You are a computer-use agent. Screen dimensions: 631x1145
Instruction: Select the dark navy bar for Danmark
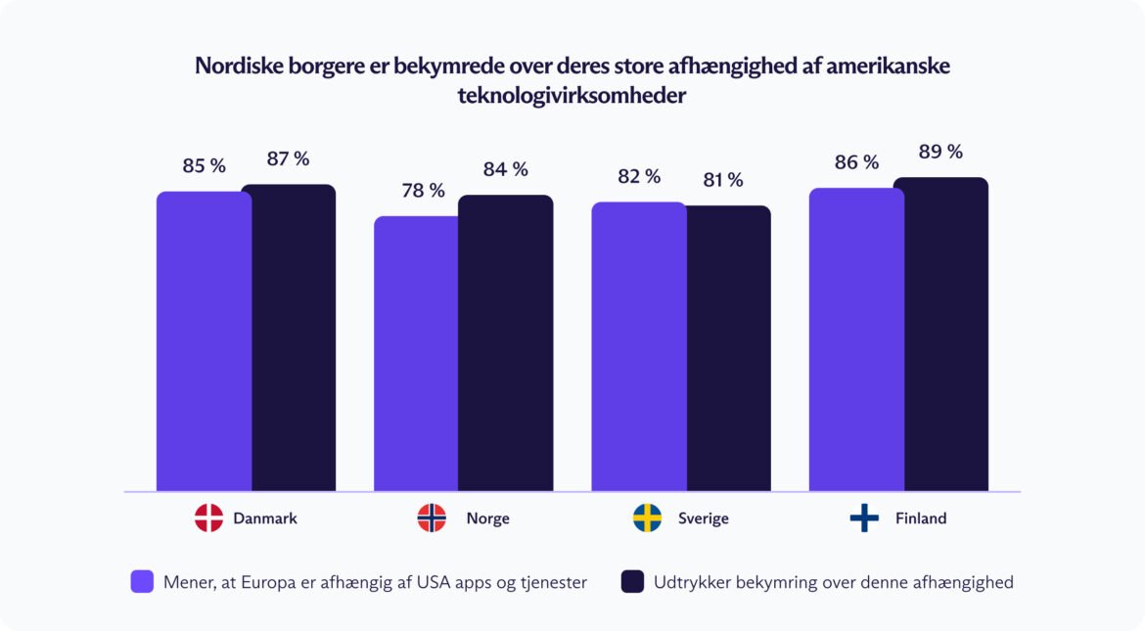[289, 338]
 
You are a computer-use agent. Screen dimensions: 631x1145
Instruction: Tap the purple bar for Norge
[416, 353]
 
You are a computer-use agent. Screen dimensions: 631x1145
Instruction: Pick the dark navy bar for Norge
[506, 342]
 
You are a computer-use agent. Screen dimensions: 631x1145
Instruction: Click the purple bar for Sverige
[638, 346]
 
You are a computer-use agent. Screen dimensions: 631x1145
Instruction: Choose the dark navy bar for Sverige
[728, 348]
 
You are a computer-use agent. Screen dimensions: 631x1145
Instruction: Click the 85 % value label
[204, 165]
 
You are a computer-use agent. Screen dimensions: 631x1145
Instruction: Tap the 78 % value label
[423, 190]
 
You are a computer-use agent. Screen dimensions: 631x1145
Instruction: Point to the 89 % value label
[940, 152]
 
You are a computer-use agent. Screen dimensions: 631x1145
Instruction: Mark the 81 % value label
[721, 180]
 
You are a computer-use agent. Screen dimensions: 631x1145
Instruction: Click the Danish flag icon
[208, 518]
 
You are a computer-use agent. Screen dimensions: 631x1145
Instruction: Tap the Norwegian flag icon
[432, 518]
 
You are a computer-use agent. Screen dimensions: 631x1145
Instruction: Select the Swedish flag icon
[647, 518]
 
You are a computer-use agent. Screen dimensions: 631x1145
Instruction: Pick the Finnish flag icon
[864, 518]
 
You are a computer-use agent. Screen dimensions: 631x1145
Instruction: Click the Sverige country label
[703, 518]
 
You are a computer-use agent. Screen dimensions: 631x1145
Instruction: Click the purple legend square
[142, 582]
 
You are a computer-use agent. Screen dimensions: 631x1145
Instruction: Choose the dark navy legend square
[632, 582]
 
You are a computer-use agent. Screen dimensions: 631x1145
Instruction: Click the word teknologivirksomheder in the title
[572, 97]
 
